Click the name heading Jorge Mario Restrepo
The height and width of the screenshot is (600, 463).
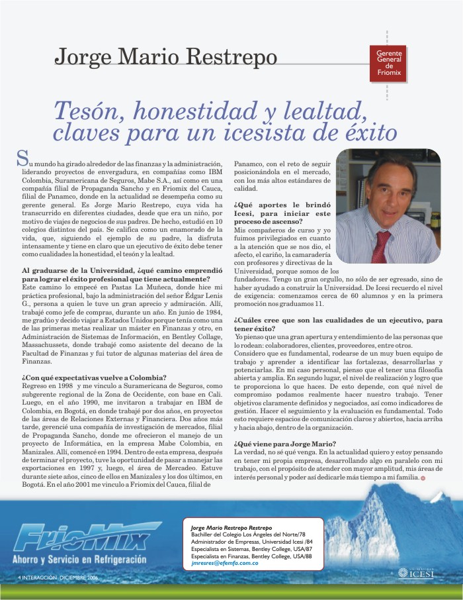(165, 57)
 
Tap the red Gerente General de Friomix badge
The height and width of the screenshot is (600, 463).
(389, 65)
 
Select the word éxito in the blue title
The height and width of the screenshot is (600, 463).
(363, 132)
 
